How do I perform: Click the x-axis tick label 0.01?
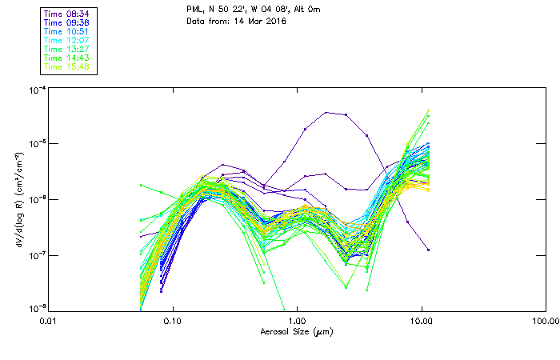click(49, 321)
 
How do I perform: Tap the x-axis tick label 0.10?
click(173, 321)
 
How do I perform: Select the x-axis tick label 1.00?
click(297, 321)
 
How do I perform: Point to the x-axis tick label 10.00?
click(421, 321)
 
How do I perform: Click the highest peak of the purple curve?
click(327, 113)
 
